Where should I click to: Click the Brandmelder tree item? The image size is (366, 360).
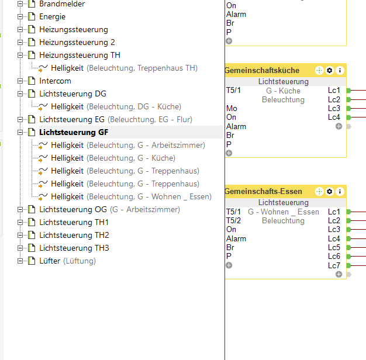[x=62, y=4]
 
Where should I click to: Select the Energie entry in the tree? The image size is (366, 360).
[x=52, y=16]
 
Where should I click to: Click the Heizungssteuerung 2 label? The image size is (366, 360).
[x=77, y=42]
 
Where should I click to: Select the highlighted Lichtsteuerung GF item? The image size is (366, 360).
[x=74, y=132]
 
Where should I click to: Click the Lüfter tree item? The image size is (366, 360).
[x=50, y=261]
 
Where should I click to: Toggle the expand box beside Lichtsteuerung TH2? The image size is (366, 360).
[x=20, y=235]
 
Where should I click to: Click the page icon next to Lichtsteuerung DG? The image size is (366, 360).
[x=32, y=94]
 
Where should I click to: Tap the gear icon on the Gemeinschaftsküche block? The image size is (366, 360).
[x=330, y=70]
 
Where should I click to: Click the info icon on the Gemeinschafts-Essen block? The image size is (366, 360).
[x=340, y=192]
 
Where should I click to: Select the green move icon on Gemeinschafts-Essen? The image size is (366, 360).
[x=319, y=192]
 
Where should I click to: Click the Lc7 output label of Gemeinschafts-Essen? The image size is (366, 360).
[x=334, y=265]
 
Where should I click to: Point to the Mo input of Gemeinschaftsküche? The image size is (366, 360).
[x=232, y=108]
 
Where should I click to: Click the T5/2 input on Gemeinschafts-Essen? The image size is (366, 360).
[x=233, y=220]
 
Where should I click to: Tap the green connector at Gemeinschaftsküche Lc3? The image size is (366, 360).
[x=348, y=108]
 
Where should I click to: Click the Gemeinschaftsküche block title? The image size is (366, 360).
[x=262, y=70]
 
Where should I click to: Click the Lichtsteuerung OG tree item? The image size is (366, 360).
[x=73, y=209]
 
